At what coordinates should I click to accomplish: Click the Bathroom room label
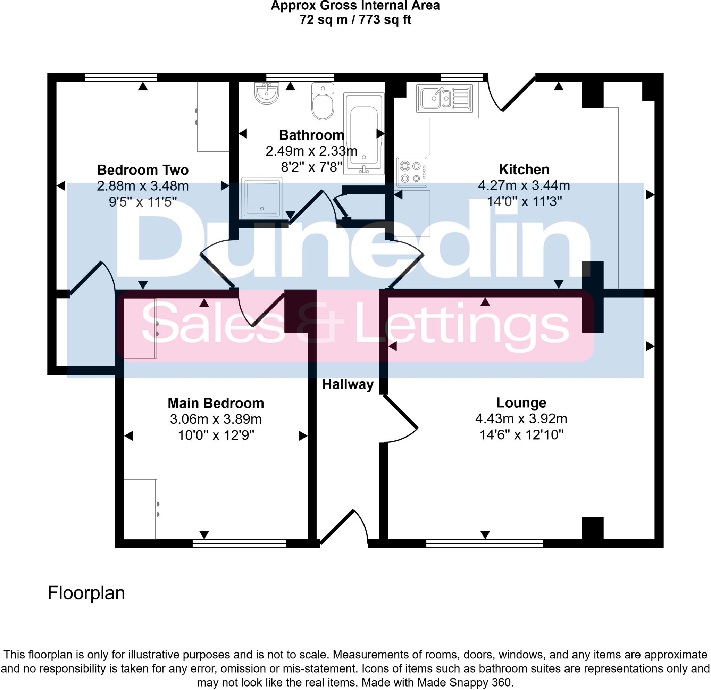point(311,135)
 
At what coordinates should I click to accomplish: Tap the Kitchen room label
point(524,169)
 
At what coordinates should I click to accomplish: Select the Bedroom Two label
point(143,170)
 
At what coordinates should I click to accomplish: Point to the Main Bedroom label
point(216,403)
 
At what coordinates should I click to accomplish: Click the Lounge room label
point(521,403)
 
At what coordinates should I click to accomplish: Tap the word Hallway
point(348,384)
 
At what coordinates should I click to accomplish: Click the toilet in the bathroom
point(323,102)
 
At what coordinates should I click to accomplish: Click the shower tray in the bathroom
point(261,198)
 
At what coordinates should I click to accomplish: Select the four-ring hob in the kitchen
point(412,172)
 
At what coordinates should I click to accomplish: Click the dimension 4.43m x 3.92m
point(521,419)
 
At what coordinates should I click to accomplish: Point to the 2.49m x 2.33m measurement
point(311,151)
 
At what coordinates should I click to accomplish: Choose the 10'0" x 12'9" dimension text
point(216,435)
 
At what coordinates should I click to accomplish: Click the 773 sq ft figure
point(385,19)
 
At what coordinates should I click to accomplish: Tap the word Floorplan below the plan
point(86,593)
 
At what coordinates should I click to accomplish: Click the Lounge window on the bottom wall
point(484,543)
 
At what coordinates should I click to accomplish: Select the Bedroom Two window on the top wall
point(121,77)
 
